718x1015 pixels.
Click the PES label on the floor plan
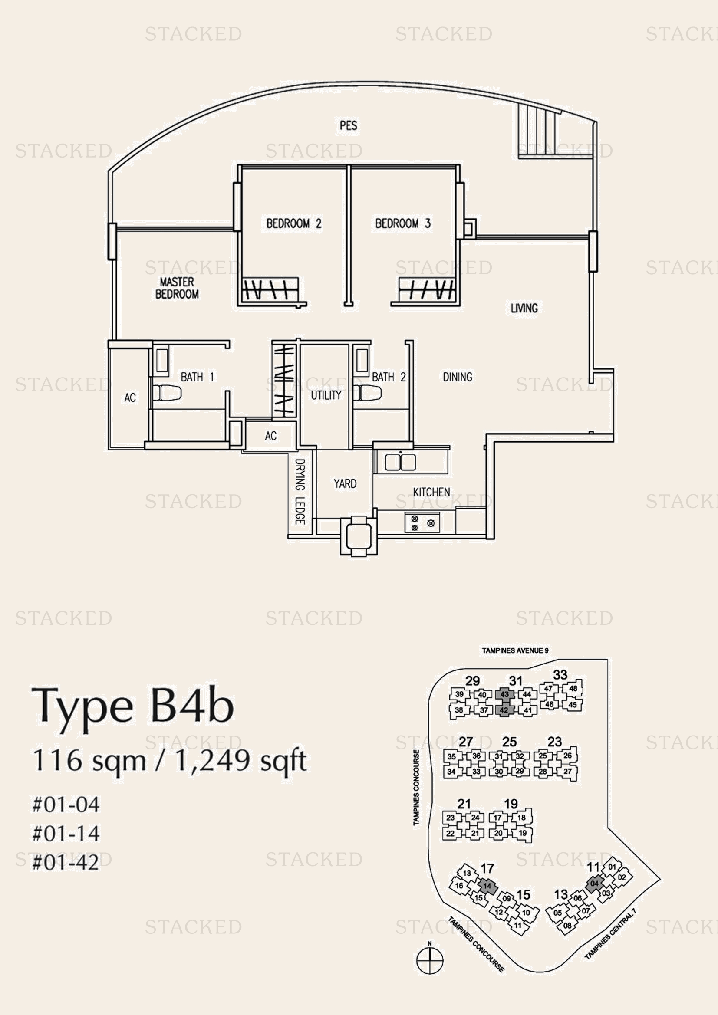(349, 125)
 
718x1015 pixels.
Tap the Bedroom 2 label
(293, 223)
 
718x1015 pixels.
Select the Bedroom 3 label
(403, 223)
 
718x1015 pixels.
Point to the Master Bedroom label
(177, 288)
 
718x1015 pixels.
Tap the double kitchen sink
(400, 462)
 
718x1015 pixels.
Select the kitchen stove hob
(422, 523)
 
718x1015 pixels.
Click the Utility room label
(326, 395)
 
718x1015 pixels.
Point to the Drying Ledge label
(300, 492)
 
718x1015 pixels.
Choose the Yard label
(345, 483)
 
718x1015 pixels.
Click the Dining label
(458, 377)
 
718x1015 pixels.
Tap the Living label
(524, 308)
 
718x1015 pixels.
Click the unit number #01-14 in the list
(66, 833)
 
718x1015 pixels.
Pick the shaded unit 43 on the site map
(504, 694)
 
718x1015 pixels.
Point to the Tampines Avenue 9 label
(515, 650)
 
